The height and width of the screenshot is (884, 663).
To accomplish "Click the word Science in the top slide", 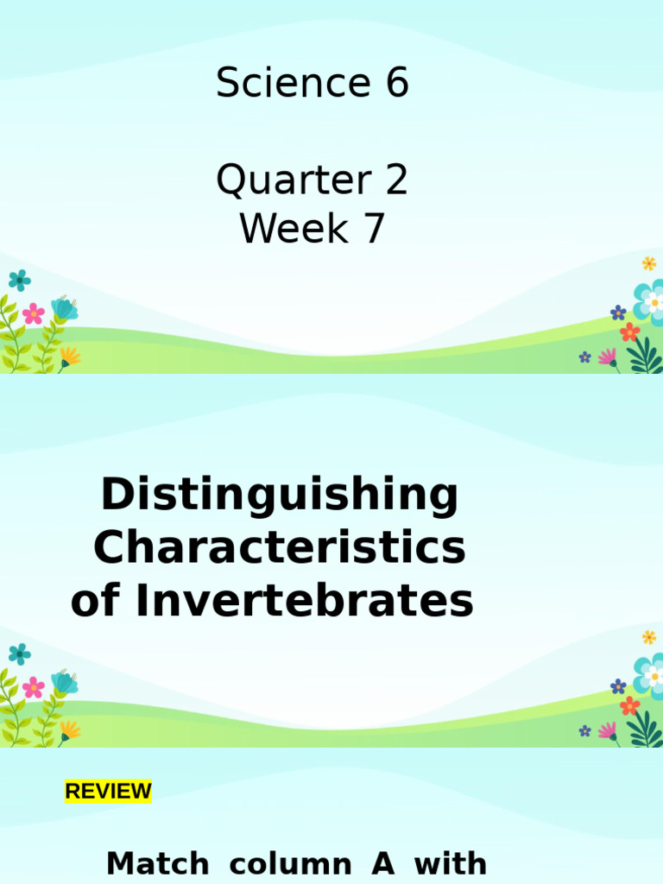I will click(289, 85).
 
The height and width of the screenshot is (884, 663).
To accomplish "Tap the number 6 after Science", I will click(396, 85).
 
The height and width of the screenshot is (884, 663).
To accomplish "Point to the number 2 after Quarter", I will click(396, 182).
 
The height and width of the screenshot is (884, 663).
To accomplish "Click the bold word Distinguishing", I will click(280, 498).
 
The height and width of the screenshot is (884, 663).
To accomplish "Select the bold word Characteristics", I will click(280, 548).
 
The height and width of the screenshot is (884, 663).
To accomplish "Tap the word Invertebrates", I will click(304, 601).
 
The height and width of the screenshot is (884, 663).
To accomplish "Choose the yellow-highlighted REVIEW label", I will click(108, 791).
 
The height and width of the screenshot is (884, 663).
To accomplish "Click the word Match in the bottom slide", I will click(157, 863).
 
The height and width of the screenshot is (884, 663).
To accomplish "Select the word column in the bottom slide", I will click(290, 863).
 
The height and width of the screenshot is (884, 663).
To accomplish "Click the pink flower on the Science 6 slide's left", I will click(34, 313).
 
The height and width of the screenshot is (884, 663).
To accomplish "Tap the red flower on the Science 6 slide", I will click(630, 331).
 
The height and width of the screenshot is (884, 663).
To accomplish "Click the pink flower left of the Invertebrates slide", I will click(34, 687).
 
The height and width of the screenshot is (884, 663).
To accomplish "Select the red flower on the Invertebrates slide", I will click(630, 705).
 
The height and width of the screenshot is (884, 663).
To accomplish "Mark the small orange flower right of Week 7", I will click(648, 263).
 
